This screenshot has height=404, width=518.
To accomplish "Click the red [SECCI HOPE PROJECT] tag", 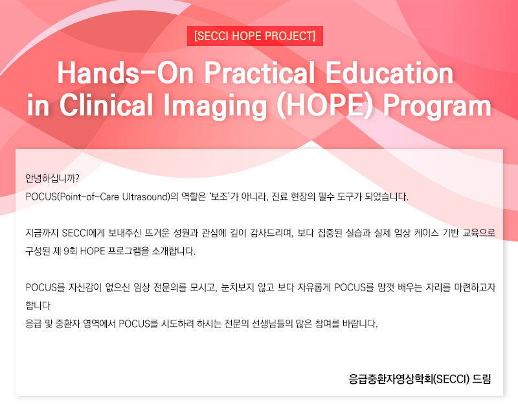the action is [255, 36].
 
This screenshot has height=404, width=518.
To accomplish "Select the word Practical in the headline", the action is [260, 73].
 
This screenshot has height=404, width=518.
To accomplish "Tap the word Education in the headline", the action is [390, 73].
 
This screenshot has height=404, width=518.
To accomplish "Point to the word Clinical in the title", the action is [106, 105].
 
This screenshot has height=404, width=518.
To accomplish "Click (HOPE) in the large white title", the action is [325, 106].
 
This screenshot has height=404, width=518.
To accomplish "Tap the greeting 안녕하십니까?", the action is [52, 179].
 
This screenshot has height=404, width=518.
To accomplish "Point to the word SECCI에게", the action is [84, 233].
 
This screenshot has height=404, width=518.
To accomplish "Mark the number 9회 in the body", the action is [71, 251].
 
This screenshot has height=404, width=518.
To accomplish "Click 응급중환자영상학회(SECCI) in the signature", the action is [409, 379].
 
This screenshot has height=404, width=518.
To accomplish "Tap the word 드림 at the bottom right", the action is [482, 379].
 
